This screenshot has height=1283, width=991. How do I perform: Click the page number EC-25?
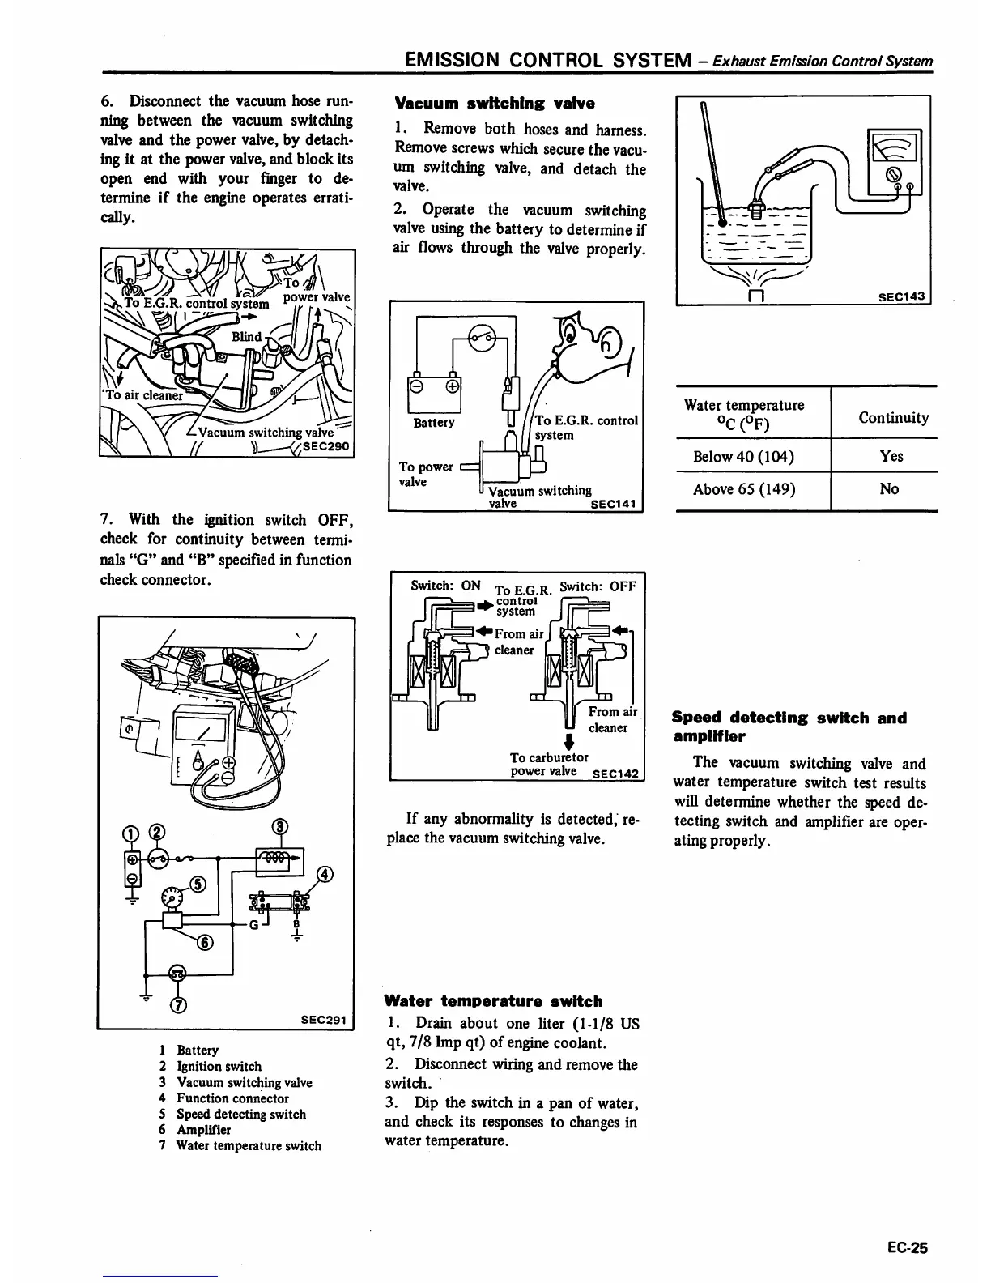point(906,1247)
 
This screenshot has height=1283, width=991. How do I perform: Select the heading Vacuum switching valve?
point(494,104)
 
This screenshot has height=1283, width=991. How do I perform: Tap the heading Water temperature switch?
point(493,1001)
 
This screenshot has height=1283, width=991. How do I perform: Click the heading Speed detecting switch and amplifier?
point(789,727)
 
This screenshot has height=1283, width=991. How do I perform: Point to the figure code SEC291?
point(323,1019)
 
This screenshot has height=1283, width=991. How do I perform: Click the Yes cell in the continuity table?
point(891,456)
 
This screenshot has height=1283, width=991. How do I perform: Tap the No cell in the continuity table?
point(889,488)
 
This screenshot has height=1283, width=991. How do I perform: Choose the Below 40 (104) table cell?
point(743,456)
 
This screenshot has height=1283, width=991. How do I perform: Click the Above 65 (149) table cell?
point(743,488)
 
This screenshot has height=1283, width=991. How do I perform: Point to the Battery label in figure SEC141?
point(434,423)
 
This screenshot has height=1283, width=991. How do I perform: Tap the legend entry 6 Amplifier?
point(195,1130)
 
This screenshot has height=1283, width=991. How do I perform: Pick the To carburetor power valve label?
point(544,764)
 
